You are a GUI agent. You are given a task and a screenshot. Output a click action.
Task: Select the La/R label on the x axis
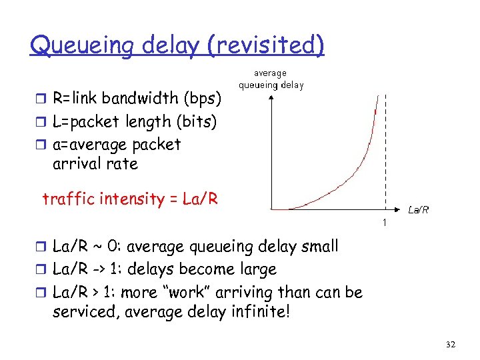coord(418,210)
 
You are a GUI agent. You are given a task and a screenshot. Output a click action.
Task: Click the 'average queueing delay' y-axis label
coord(271,79)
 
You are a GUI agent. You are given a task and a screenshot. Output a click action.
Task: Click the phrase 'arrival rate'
coord(95,164)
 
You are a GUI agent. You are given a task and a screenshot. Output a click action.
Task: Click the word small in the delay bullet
coord(317,247)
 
